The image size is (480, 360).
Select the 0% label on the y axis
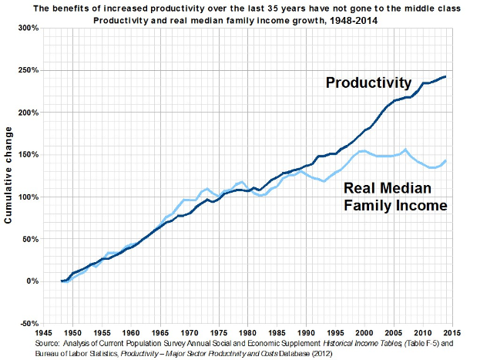pos(32,281)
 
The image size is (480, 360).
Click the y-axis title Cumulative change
pos(9,177)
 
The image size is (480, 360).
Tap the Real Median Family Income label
pos(394,197)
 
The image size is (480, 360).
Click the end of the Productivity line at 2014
pos(445,76)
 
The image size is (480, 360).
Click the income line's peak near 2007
pos(405,150)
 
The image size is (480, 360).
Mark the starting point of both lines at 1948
pos(62,281)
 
